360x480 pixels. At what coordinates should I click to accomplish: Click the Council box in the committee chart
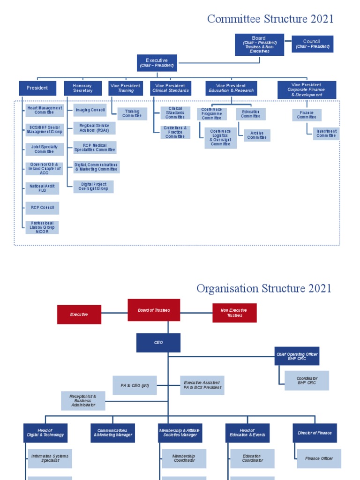[x=312, y=44]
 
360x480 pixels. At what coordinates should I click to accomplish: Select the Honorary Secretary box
[x=82, y=88]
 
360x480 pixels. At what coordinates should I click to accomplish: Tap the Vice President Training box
[x=126, y=88]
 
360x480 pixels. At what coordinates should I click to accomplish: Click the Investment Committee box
[x=326, y=134]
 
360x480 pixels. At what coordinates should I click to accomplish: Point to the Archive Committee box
[x=256, y=135]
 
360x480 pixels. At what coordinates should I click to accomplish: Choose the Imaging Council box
[x=90, y=110]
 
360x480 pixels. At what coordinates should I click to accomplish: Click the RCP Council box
[x=42, y=208]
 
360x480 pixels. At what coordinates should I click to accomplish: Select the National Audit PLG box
[x=42, y=188]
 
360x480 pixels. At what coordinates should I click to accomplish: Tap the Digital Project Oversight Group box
[x=94, y=187]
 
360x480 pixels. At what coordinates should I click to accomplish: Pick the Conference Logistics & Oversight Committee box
[x=220, y=138]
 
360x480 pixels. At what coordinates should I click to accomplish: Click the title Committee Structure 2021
[x=270, y=19]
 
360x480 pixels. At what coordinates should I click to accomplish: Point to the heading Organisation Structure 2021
[x=264, y=288]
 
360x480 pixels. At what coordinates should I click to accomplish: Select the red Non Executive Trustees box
[x=234, y=313]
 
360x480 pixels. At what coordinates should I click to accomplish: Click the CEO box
[x=158, y=343]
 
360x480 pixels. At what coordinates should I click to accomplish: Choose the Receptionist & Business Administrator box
[x=83, y=401]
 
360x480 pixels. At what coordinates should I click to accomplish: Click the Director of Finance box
[x=315, y=433]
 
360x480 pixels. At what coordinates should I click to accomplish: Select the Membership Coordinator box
[x=184, y=458]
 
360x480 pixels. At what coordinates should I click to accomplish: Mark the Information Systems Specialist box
[x=50, y=458]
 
